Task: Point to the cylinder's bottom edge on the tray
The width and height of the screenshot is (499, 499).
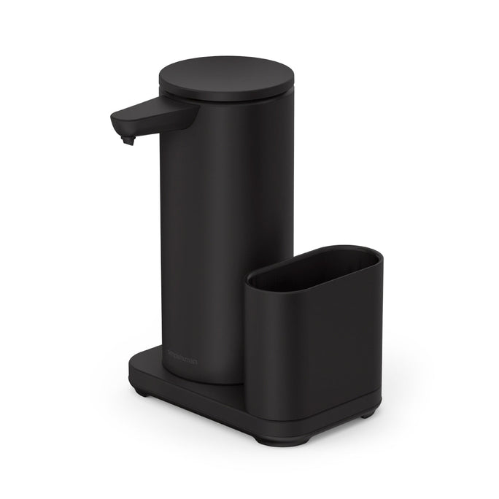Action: click(x=201, y=383)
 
